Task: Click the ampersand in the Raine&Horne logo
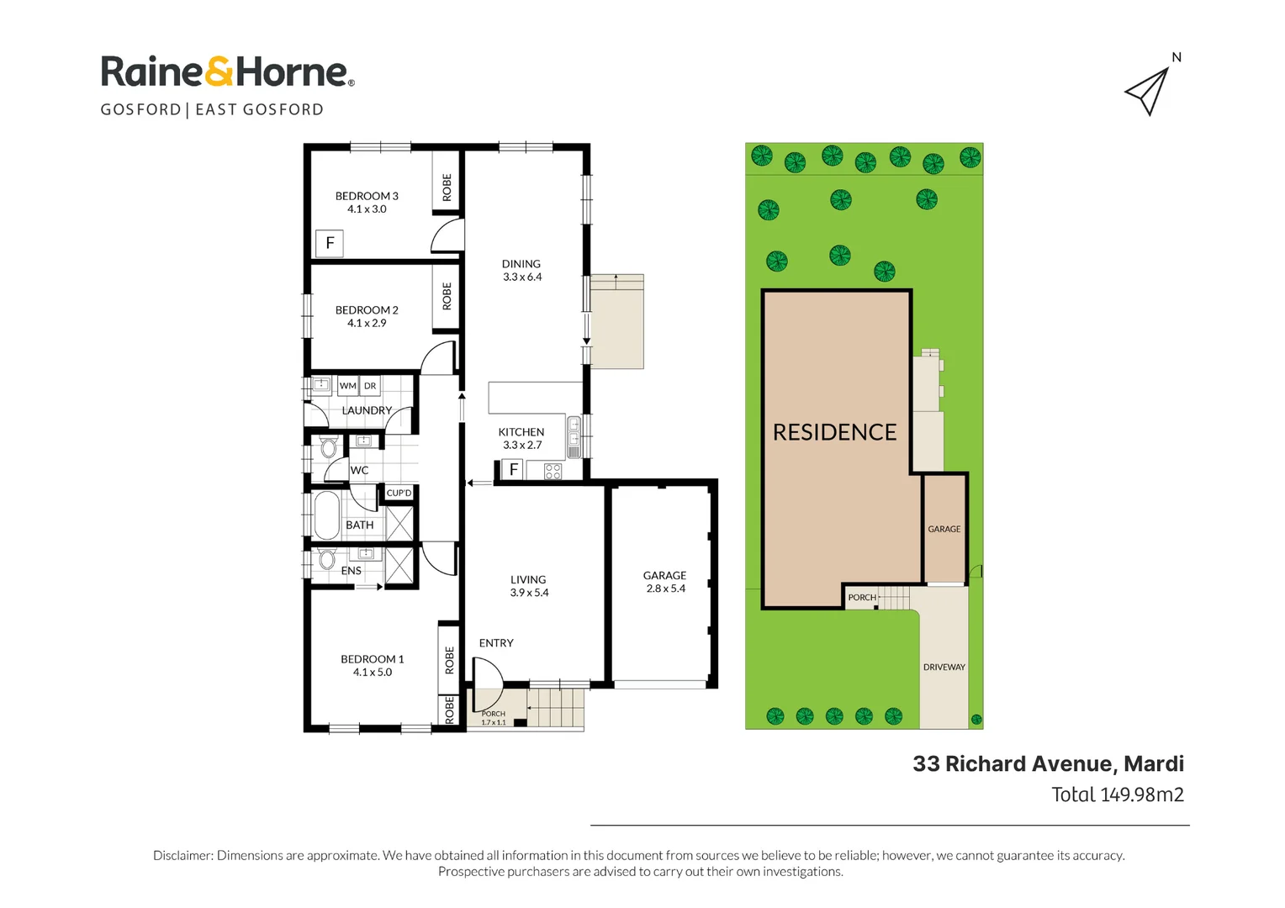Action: (219, 72)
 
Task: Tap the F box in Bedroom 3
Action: (330, 243)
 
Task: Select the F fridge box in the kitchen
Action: (514, 470)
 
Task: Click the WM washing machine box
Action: (347, 385)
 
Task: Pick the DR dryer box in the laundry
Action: (370, 385)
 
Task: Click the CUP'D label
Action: (399, 493)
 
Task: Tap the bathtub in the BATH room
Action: (326, 515)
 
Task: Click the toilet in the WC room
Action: (328, 447)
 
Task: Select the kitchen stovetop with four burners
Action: (553, 472)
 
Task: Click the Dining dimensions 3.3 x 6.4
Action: (522, 277)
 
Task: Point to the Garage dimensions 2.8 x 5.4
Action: (665, 589)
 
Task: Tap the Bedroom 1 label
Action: (373, 659)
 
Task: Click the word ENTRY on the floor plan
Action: (496, 643)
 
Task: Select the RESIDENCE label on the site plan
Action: (835, 432)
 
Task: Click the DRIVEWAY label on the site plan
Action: (944, 667)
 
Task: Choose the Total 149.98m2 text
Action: (1118, 794)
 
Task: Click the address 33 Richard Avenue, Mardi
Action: (1049, 764)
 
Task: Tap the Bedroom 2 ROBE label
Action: (447, 296)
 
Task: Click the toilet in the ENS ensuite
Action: (327, 559)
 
